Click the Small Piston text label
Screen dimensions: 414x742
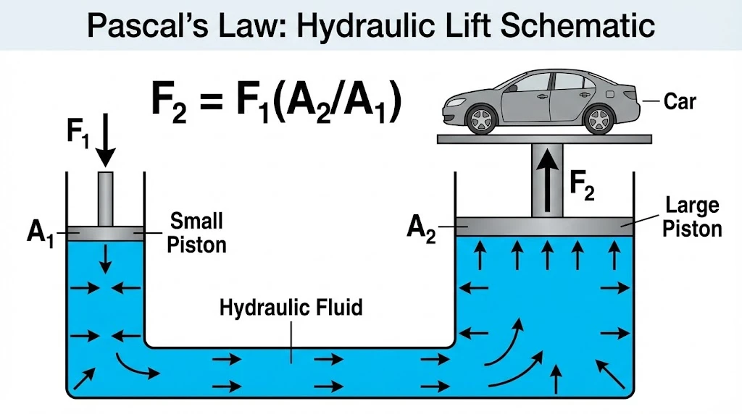196,232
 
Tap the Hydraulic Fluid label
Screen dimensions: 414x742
291,308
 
